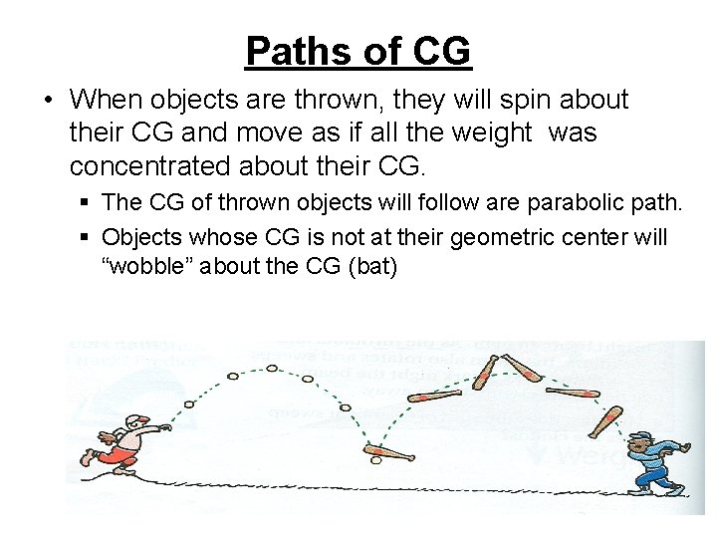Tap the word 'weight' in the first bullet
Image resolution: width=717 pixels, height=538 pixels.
click(x=485, y=133)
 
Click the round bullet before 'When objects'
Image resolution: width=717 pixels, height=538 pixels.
click(x=49, y=101)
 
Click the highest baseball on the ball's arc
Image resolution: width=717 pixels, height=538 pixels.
click(x=271, y=368)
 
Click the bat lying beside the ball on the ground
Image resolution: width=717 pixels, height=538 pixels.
click(x=393, y=454)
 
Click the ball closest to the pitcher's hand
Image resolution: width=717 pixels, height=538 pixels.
click(x=189, y=405)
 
